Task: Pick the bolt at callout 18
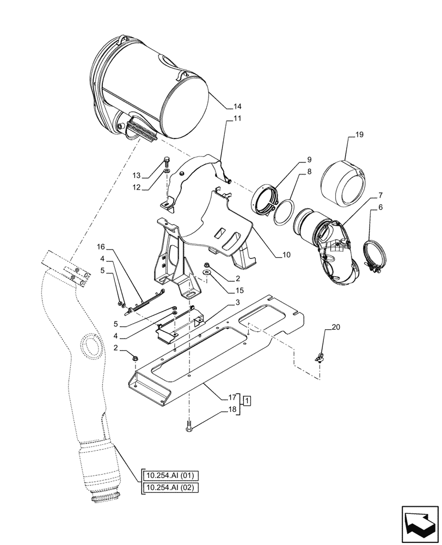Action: point(189,429)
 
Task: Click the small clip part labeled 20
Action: point(321,358)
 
